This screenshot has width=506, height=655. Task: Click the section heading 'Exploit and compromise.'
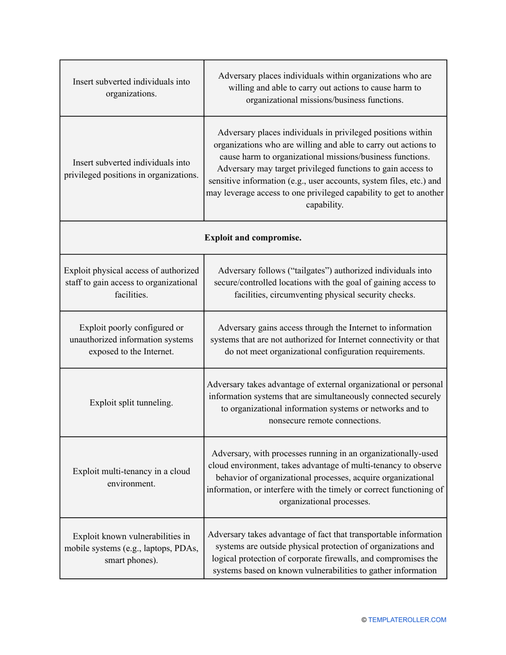(253, 238)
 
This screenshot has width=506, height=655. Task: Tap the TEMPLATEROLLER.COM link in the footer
(407, 620)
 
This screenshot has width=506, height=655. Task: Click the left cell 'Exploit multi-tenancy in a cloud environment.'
(131, 477)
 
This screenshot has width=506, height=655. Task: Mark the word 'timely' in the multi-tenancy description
(340, 489)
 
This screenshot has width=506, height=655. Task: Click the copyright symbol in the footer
(364, 620)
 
